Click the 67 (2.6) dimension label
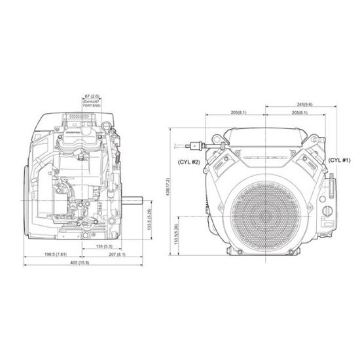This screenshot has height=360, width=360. click(x=91, y=96)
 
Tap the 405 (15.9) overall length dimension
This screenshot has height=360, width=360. click(x=79, y=263)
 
